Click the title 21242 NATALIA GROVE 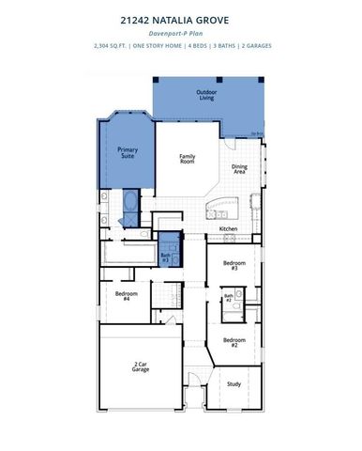(180, 18)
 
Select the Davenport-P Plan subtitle (180, 32)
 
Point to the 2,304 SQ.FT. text (113, 45)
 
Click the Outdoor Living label (207, 94)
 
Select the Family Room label (188, 159)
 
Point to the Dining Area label (239, 169)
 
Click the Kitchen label (228, 228)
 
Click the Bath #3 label (166, 256)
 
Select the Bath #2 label (227, 300)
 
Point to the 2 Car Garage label (141, 367)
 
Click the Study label (233, 383)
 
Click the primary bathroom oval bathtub (129, 203)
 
